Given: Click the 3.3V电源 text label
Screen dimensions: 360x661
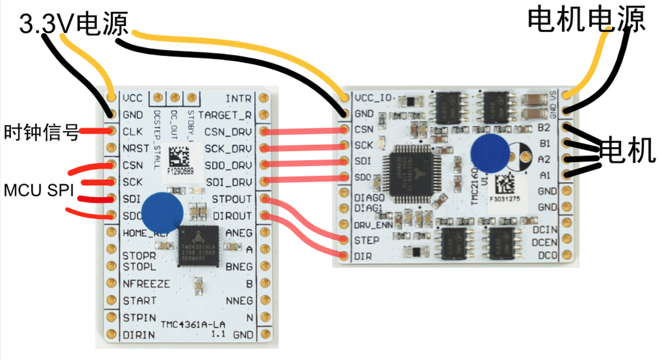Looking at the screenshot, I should [74, 23].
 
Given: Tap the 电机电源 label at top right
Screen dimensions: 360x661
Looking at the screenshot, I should [586, 19].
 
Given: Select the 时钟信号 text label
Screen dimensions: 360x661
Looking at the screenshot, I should [41, 132].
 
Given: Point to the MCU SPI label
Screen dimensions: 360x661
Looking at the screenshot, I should [39, 190].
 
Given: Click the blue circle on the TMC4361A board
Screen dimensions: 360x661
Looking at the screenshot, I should [162, 212].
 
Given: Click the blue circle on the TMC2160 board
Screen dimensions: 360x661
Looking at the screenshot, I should [490, 153].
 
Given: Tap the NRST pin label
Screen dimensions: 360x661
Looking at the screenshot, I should [136, 148].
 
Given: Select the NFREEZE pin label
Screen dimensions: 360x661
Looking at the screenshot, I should [146, 284].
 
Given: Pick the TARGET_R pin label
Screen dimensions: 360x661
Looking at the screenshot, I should [225, 115].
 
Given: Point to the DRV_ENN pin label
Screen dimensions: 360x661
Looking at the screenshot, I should [373, 225].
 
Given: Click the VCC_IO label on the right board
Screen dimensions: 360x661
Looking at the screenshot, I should [373, 98].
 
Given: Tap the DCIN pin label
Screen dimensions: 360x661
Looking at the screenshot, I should [544, 230].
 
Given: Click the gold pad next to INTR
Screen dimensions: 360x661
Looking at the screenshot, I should [264, 98].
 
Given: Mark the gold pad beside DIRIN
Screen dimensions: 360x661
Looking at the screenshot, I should [111, 334].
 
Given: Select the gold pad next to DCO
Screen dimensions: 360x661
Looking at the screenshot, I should [566, 255].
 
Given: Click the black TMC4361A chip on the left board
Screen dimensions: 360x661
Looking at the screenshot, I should [198, 246].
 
